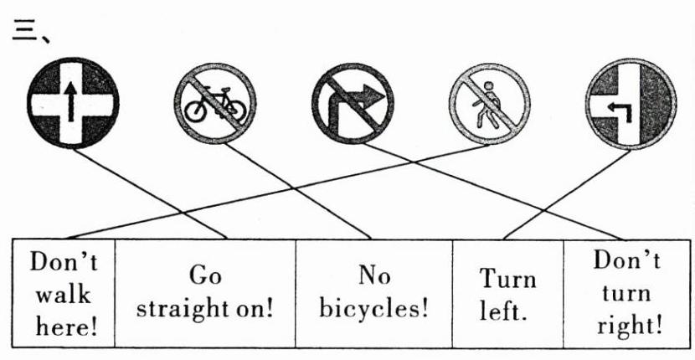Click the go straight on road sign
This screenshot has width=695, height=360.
(x=73, y=104)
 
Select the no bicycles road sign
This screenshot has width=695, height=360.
(x=215, y=104)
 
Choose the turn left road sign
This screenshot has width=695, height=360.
(x=625, y=104)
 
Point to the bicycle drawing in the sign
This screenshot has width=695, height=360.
(x=215, y=107)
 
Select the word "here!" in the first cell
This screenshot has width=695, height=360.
(x=64, y=326)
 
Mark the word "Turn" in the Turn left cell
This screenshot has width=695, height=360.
(x=507, y=278)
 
